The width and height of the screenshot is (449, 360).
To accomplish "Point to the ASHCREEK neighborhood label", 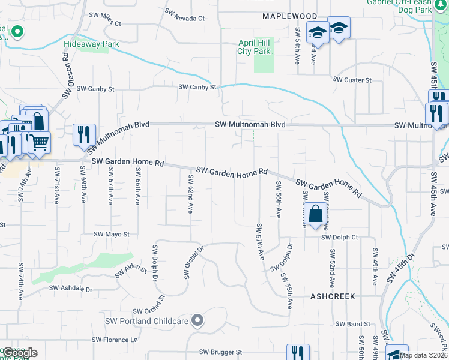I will (333, 296).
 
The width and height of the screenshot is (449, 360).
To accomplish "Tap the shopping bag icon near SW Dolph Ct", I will (315, 214).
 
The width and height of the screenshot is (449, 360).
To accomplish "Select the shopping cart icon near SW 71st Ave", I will (39, 142).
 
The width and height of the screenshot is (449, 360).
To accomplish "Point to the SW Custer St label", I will (352, 80).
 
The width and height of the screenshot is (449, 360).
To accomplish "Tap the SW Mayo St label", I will (112, 234).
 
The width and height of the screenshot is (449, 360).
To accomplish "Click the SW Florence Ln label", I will (115, 340).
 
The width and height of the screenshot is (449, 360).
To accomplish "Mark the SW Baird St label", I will (353, 324).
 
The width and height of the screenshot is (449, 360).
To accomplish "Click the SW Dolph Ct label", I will (339, 238).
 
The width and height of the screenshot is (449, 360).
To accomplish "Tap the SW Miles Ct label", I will (105, 19).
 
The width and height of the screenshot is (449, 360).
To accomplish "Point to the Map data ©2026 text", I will (423, 355).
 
